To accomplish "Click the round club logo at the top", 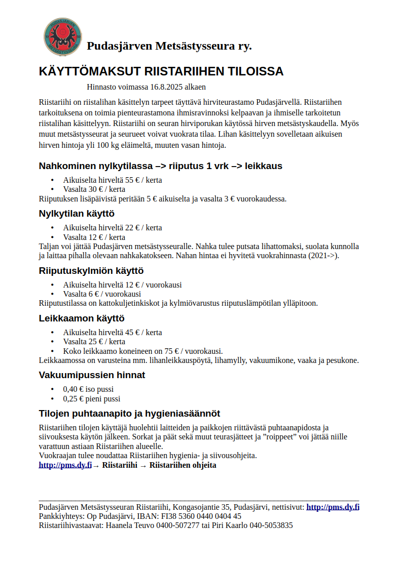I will click(61, 36).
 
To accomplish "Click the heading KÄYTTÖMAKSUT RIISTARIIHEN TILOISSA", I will click(161, 71).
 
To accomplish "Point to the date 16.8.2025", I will click(166, 87).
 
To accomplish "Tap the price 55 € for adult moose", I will click(130, 180).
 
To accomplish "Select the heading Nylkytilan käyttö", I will click(77, 213).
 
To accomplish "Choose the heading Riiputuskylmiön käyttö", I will click(91, 270).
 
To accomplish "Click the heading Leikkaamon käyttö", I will click(82, 318).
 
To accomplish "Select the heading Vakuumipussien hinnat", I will click(92, 375).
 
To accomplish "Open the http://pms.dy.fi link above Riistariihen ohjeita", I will click(65, 465).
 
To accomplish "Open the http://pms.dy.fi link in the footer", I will click(333, 507).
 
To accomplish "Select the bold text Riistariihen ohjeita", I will click(182, 465).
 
